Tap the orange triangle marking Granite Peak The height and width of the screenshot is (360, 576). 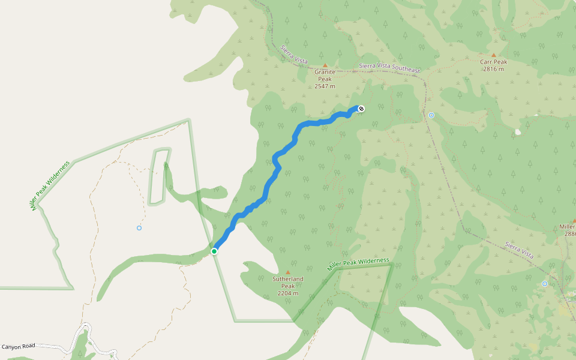pyautogui.click(x=325, y=65)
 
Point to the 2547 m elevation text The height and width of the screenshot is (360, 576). pyautogui.click(x=325, y=86)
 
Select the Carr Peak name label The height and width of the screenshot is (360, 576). pyautogui.click(x=493, y=62)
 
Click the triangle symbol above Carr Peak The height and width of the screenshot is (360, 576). pyautogui.click(x=494, y=55)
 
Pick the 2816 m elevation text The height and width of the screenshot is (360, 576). pyautogui.click(x=493, y=69)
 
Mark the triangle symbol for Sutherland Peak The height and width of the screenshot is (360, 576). pyautogui.click(x=288, y=272)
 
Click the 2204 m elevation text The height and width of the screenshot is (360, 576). pyautogui.click(x=288, y=294)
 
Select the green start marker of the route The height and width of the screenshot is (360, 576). pyautogui.click(x=214, y=251)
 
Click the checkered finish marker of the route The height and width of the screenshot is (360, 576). pyautogui.click(x=361, y=109)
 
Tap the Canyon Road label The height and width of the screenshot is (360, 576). pyautogui.click(x=18, y=346)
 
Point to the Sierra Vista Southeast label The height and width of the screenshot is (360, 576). pyautogui.click(x=389, y=67)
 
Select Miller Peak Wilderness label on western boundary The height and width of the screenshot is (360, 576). pyautogui.click(x=50, y=184)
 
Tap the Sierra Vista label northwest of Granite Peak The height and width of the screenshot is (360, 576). pyautogui.click(x=294, y=54)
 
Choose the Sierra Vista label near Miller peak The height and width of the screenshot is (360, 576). pyautogui.click(x=519, y=250)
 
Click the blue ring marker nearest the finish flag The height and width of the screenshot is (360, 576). pyautogui.click(x=431, y=115)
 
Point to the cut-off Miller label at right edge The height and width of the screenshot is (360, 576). pyautogui.click(x=568, y=226)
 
